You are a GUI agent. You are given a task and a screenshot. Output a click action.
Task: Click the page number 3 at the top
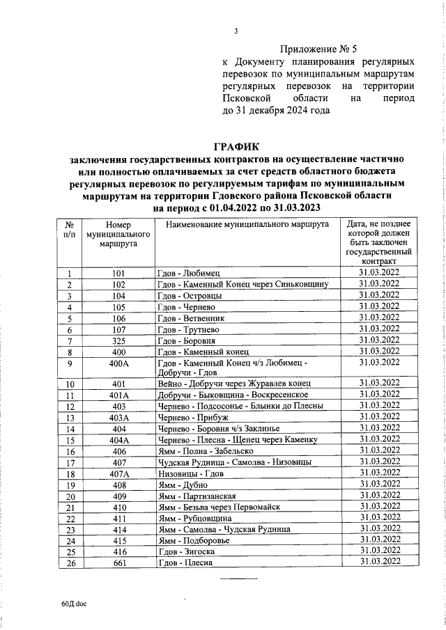236,31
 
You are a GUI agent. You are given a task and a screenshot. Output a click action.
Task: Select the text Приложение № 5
318,49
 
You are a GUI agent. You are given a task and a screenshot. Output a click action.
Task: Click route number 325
118,341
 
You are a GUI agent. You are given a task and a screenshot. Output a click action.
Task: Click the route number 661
118,562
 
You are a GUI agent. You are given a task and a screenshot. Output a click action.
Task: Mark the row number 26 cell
70,562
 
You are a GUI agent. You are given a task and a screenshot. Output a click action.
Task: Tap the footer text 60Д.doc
72,607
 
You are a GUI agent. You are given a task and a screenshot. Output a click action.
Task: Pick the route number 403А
118,417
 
